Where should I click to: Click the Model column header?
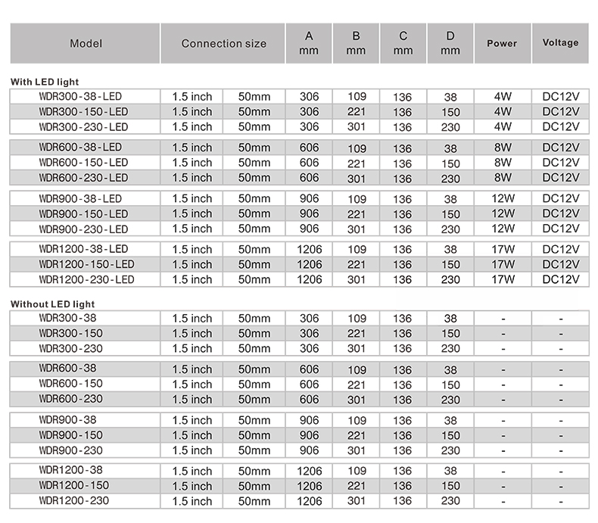[86, 44]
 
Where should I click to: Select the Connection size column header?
[223, 44]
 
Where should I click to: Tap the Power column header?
[502, 43]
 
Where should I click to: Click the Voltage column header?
[561, 43]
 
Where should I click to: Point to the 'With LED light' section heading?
[45, 81]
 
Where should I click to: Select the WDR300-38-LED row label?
[79, 96]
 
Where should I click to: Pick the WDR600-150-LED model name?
[83, 163]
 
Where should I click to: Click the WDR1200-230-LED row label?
[86, 279]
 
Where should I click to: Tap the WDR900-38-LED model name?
[79, 198]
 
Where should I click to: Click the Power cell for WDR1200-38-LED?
[503, 249]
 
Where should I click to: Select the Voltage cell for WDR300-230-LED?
[561, 126]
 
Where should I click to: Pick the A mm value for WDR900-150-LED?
[309, 213]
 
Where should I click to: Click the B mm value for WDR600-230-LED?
[357, 179]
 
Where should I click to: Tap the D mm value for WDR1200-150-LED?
[450, 265]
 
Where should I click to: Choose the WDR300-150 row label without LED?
[70, 333]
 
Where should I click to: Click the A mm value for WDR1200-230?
[309, 501]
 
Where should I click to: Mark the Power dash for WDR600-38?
[503, 369]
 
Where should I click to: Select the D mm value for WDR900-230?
[450, 451]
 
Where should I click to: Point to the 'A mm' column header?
[309, 43]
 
